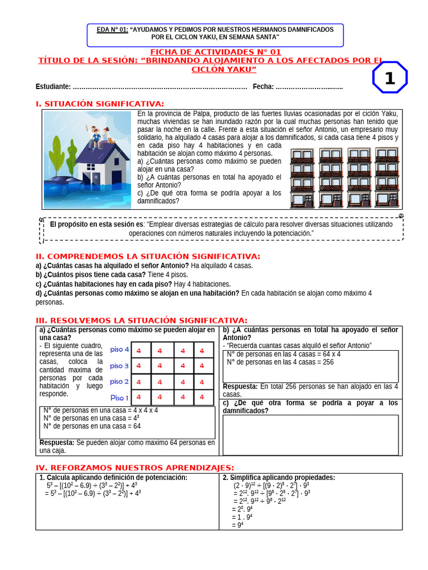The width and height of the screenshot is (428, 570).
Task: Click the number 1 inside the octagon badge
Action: click(390, 78)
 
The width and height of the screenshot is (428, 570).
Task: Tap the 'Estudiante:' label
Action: click(53, 86)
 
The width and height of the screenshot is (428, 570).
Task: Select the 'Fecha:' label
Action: click(263, 86)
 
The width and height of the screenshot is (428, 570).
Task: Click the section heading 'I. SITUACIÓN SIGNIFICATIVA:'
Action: click(100, 104)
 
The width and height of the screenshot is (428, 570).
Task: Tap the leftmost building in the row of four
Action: click(302, 178)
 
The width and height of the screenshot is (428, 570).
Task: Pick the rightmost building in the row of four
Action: click(386, 177)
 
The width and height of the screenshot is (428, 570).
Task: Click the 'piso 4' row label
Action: click(119, 350)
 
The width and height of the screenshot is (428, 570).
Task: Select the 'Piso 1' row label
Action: click(119, 397)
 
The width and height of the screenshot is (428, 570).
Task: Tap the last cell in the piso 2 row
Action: click(203, 382)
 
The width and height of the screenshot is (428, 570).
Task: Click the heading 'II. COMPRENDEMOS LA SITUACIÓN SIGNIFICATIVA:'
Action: click(148, 256)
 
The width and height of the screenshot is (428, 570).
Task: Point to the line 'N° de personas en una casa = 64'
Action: click(92, 426)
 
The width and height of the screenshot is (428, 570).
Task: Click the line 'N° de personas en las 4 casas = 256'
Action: click(280, 362)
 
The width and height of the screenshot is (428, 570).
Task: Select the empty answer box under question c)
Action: click(310, 435)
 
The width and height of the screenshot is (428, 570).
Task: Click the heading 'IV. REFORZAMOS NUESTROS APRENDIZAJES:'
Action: click(135, 468)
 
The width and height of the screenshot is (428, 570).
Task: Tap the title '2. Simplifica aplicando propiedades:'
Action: click(279, 478)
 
